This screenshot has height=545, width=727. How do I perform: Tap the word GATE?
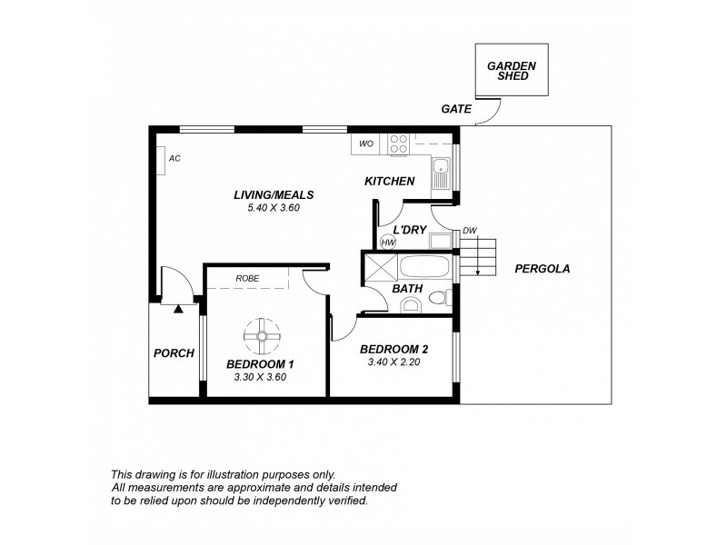456,108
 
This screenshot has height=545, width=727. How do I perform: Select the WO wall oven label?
366,144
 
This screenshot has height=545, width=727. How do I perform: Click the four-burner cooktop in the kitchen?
399,144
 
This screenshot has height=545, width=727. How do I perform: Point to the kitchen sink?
441,171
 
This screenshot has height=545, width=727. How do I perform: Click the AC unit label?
174,158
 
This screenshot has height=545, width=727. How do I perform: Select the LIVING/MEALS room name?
273,194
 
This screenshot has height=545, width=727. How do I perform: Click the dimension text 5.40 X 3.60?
273,207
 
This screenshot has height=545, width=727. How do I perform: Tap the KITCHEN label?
390,182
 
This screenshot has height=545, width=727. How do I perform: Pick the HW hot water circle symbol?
388,242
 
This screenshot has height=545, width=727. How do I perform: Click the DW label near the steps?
470,231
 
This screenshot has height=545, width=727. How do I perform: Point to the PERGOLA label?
542,269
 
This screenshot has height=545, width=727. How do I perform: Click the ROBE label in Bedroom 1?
248,279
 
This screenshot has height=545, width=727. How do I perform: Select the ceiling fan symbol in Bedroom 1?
262,336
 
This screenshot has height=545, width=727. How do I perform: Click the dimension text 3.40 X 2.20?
393,362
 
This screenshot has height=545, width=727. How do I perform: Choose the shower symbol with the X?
380,269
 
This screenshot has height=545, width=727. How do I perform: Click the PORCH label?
173,353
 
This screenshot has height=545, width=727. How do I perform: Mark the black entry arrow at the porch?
179,309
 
